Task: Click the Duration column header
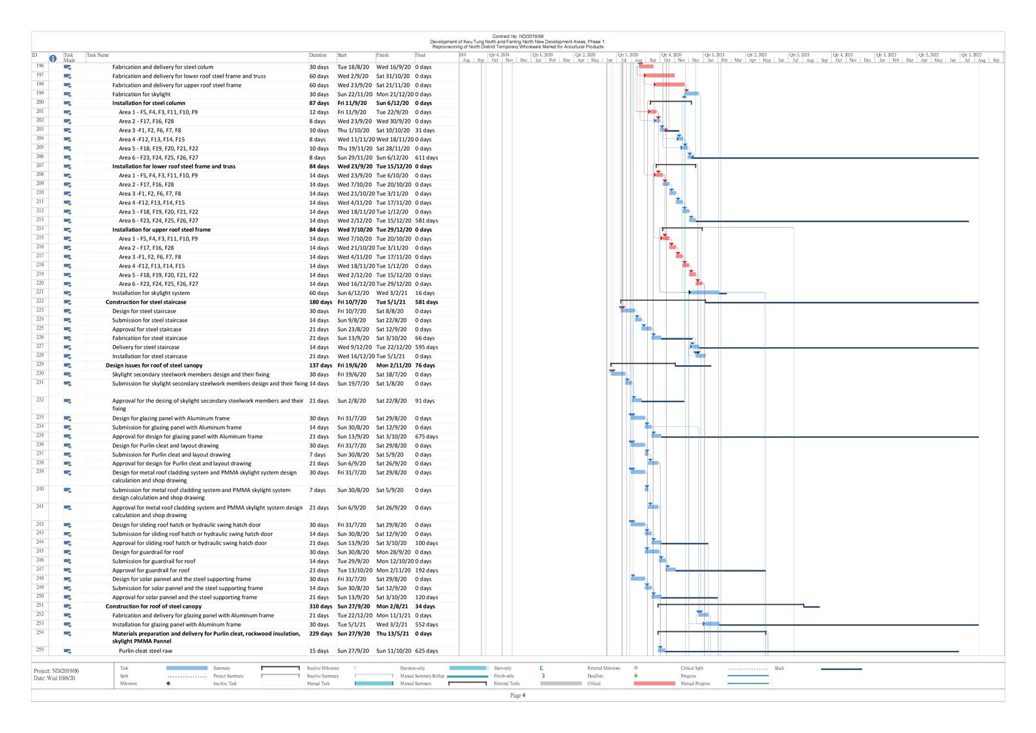click(x=318, y=55)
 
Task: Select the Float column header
click(x=420, y=55)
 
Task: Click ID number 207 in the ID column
click(x=40, y=166)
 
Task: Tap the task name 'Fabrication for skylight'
click(x=141, y=94)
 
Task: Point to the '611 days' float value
click(x=427, y=157)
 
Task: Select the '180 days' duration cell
click(x=320, y=302)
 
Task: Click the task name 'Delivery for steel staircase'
click(x=145, y=347)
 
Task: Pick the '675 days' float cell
click(x=427, y=437)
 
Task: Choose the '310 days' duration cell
click(x=320, y=606)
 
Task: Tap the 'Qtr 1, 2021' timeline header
click(x=714, y=55)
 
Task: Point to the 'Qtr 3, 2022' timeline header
click(x=971, y=55)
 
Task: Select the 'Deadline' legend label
click(x=595, y=676)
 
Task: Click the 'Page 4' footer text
click(x=517, y=695)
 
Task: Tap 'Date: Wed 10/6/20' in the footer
click(x=54, y=678)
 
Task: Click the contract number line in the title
click(x=517, y=37)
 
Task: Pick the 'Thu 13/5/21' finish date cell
click(x=392, y=634)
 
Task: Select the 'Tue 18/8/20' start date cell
click(x=353, y=67)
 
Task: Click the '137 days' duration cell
click(x=320, y=366)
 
